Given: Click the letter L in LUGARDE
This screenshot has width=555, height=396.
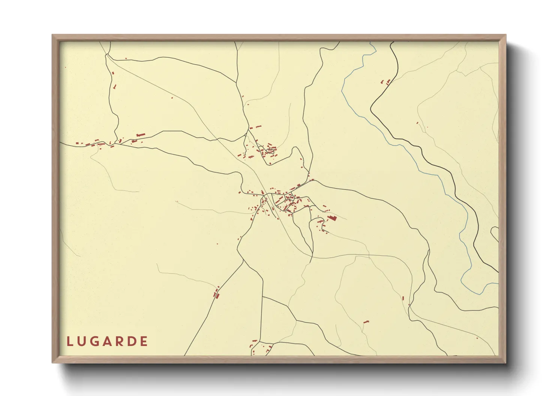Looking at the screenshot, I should [x=69, y=341].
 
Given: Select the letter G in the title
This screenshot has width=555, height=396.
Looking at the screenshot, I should [x=94, y=341].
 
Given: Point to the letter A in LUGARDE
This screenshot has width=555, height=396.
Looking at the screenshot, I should [x=106, y=341].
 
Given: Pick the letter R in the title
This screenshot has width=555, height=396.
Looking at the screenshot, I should [x=118, y=341].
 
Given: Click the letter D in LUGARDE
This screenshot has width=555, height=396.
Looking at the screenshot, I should [x=131, y=341].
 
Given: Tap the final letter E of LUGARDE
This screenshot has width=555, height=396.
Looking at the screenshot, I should [x=143, y=341].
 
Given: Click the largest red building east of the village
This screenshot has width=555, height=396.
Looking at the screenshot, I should [x=332, y=217].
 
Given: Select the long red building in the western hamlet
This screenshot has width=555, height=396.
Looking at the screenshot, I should [x=140, y=135].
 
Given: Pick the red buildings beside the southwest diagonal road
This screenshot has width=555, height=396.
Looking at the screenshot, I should [x=216, y=293].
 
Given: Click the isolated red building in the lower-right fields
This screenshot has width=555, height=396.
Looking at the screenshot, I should [x=366, y=322].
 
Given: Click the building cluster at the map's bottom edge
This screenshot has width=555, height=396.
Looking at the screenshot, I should [x=259, y=347].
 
